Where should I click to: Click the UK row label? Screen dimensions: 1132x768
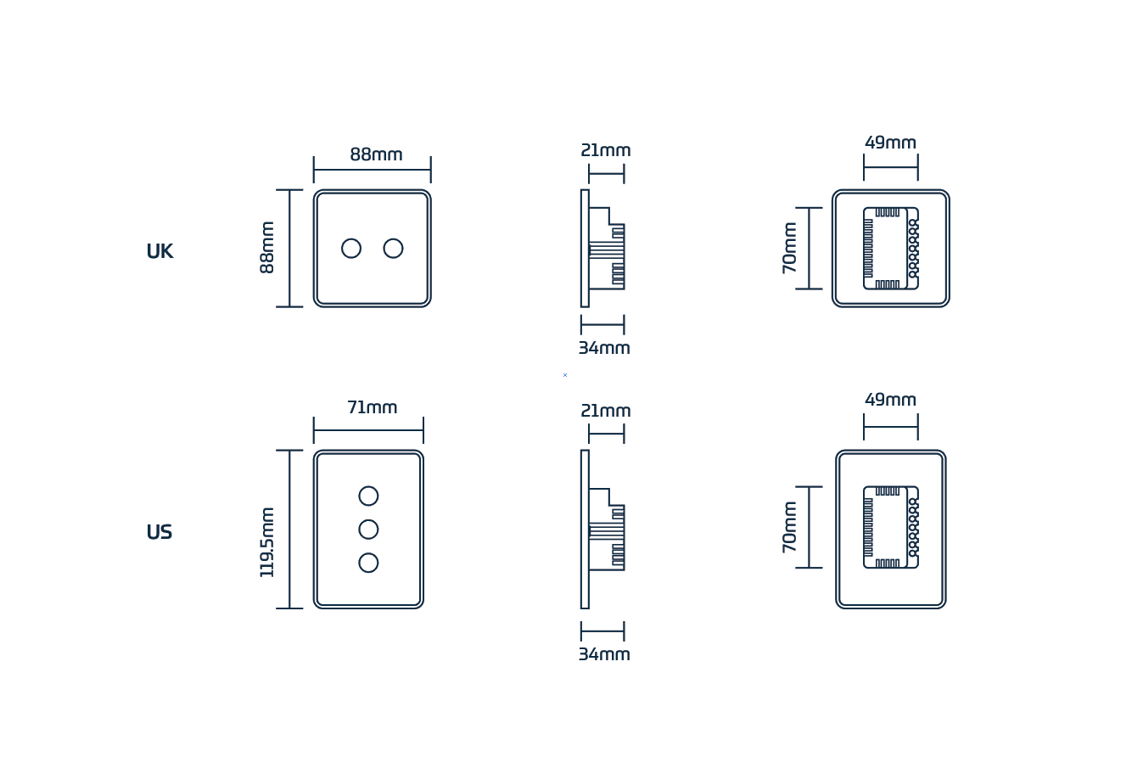tap(160, 251)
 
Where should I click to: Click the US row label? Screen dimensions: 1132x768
tap(160, 532)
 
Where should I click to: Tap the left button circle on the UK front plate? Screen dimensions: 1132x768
tap(351, 249)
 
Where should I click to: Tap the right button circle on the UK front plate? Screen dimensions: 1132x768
tap(393, 249)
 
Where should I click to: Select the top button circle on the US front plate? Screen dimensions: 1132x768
tap(368, 496)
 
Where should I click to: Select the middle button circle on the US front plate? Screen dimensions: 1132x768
tap(368, 530)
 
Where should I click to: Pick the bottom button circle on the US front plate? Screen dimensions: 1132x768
tap(368, 563)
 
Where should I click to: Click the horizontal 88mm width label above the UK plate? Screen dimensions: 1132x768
tap(376, 154)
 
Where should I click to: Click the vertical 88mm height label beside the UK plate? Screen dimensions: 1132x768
tap(267, 248)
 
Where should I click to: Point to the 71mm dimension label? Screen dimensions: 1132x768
tap(372, 407)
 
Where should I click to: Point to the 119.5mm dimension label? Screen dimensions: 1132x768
tap(267, 542)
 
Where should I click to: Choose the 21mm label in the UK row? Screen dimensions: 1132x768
tap(606, 150)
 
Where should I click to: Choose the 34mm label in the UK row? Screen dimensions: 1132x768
tap(604, 348)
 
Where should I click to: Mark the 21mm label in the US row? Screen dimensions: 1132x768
tap(606, 411)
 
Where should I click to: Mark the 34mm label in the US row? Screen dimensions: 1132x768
tap(604, 654)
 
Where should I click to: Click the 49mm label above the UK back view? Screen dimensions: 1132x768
tap(890, 143)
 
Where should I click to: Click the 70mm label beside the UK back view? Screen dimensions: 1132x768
tap(790, 248)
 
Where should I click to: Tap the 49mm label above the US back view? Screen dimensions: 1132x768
tap(890, 400)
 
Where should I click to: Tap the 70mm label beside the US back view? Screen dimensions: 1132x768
tap(790, 527)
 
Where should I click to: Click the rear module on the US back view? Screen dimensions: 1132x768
tap(890, 527)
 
